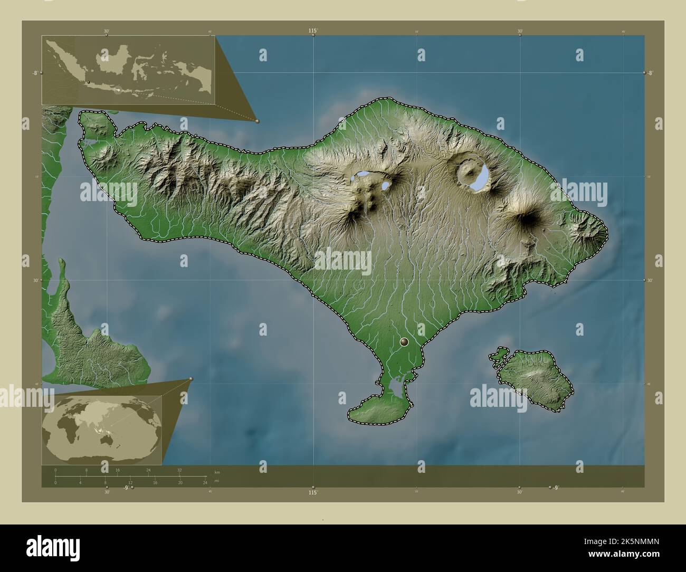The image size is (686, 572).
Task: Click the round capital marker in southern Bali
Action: click(405, 342)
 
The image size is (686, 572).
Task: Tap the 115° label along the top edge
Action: click(313, 32)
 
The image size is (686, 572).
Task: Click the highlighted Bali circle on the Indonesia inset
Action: click(119, 90)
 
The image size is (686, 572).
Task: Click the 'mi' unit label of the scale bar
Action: click(216, 481)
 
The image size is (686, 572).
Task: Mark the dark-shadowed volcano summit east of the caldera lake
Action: click(528, 219)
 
